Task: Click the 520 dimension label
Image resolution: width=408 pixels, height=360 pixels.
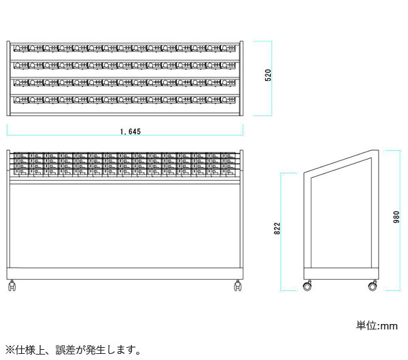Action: click(x=268, y=75)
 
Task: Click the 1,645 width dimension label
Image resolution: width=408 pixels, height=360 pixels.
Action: click(x=131, y=132)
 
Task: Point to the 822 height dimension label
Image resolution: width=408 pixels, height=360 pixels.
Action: click(x=277, y=228)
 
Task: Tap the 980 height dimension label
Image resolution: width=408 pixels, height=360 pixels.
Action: click(x=396, y=217)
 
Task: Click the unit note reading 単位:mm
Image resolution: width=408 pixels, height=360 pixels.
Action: click(x=377, y=325)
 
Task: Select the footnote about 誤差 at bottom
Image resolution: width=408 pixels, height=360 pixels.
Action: click(x=73, y=350)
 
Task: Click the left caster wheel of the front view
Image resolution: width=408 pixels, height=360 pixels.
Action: click(x=12, y=286)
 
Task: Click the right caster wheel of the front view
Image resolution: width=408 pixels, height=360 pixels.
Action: click(x=237, y=286)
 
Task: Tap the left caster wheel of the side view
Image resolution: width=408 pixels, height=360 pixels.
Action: click(x=307, y=286)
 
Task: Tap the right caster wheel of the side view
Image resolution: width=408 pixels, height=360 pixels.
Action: click(x=373, y=286)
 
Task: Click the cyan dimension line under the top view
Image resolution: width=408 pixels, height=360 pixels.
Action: click(x=125, y=135)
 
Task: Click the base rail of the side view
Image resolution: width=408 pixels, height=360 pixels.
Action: click(x=341, y=274)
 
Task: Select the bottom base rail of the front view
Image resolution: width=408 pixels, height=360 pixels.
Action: click(x=125, y=274)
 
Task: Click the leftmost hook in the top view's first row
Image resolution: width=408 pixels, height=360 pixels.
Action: click(x=21, y=48)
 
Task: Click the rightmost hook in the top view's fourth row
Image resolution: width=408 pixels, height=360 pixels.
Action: click(x=228, y=100)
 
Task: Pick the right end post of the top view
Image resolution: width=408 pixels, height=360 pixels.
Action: click(x=241, y=78)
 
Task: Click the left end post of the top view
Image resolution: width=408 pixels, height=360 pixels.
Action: click(x=8, y=78)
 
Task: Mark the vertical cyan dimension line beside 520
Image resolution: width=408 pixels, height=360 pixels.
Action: click(x=271, y=78)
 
